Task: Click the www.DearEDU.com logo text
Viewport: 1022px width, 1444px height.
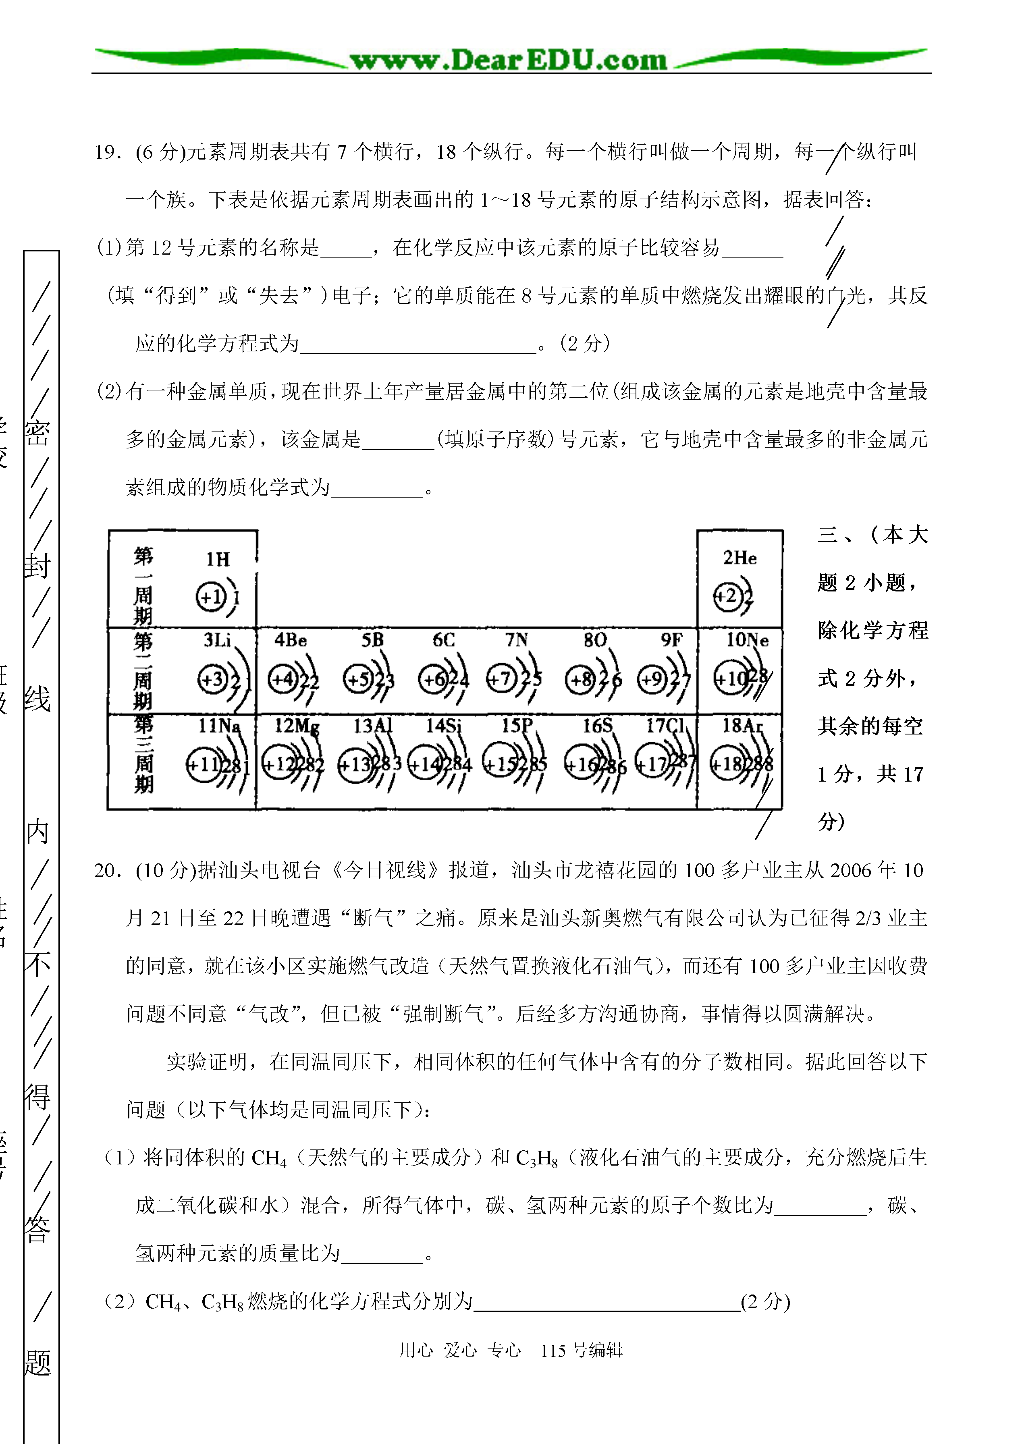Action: click(509, 60)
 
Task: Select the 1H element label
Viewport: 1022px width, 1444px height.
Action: click(218, 559)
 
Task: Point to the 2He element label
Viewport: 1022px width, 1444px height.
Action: click(739, 558)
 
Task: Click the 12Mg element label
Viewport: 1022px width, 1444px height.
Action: click(297, 726)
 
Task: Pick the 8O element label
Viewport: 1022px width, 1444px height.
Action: click(595, 641)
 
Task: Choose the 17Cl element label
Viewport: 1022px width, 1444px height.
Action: click(666, 726)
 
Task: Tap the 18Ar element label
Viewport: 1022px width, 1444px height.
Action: click(743, 726)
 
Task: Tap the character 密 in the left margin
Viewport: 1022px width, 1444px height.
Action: click(37, 433)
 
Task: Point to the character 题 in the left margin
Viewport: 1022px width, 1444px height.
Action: click(37, 1363)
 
